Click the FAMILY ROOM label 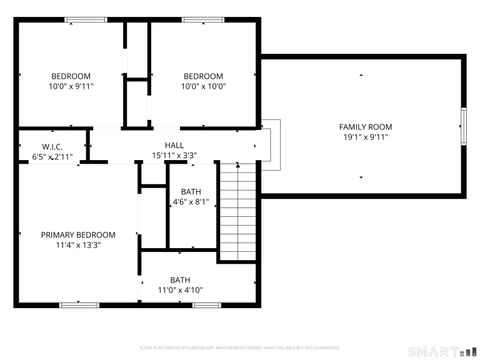(365, 127)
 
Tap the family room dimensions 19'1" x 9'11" (365, 138)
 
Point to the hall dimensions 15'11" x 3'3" (174, 156)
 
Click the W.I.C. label (52, 146)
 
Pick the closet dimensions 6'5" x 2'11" (52, 157)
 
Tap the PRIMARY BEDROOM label (71, 235)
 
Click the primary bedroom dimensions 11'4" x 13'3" (71, 245)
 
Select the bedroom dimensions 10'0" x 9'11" (72, 87)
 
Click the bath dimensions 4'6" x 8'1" (190, 202)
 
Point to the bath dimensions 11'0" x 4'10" (180, 291)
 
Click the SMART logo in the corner (441, 351)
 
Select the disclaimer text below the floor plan (240, 347)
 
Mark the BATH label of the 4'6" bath (190, 192)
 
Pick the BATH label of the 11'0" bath (180, 280)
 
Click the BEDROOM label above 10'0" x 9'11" (72, 76)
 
